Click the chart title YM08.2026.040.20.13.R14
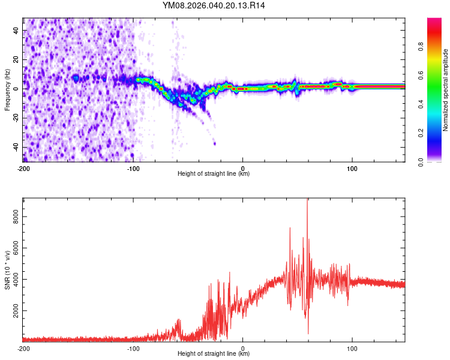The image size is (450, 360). (x=214, y=5)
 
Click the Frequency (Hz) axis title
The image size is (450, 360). (x=7, y=89)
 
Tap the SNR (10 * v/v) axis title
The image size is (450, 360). (x=7, y=270)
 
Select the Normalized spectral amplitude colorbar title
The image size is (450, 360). (x=446, y=90)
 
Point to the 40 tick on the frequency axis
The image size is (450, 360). (x=17, y=30)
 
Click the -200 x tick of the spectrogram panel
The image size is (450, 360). (x=23, y=168)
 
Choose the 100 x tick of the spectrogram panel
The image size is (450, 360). (x=352, y=168)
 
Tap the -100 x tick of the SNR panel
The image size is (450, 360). (x=133, y=348)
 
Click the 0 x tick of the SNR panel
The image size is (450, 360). (x=242, y=348)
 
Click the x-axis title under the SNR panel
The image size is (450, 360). (x=214, y=354)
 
